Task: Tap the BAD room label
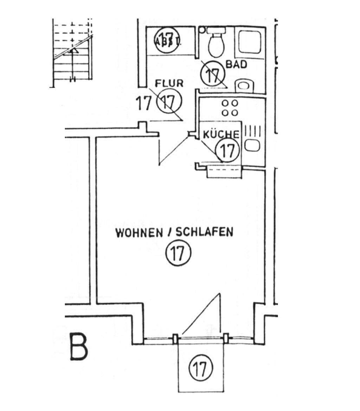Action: click(x=236, y=64)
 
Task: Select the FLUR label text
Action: click(x=169, y=83)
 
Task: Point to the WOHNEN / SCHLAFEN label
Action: click(x=174, y=233)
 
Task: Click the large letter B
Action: click(x=78, y=348)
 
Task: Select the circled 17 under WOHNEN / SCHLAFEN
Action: click(x=178, y=253)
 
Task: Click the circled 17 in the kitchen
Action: click(x=227, y=151)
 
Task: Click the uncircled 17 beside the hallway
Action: click(x=143, y=103)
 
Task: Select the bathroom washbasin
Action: click(x=245, y=85)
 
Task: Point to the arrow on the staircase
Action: click(x=73, y=51)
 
